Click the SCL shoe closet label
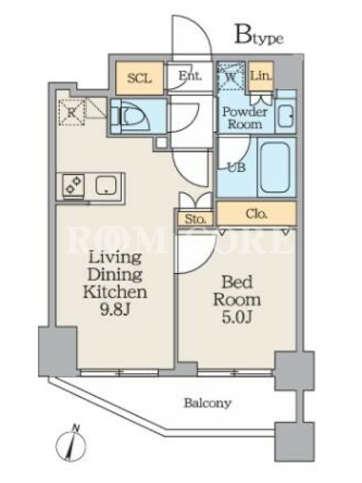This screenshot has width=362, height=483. pyautogui.click(x=139, y=78)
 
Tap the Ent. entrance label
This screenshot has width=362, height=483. pyautogui.click(x=190, y=75)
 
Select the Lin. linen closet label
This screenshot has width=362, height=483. pyautogui.click(x=261, y=76)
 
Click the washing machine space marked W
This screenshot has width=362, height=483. pyautogui.click(x=231, y=76)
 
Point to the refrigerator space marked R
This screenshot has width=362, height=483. pyautogui.click(x=72, y=112)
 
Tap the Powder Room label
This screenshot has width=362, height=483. pyautogui.click(x=244, y=118)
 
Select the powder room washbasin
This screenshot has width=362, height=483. pyautogui.click(x=285, y=116)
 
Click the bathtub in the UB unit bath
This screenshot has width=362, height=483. pyautogui.click(x=275, y=167)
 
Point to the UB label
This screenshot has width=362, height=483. pyautogui.click(x=237, y=167)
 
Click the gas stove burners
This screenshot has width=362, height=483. pyautogui.click(x=74, y=185)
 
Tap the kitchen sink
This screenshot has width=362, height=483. pyautogui.click(x=106, y=185)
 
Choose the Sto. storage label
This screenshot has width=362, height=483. pyautogui.click(x=195, y=219)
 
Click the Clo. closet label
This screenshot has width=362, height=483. pyautogui.click(x=257, y=214)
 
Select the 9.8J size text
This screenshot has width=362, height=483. pyautogui.click(x=116, y=310)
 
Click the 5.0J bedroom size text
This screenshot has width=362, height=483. pyautogui.click(x=237, y=318)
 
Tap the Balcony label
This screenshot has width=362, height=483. pyautogui.click(x=208, y=403)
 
